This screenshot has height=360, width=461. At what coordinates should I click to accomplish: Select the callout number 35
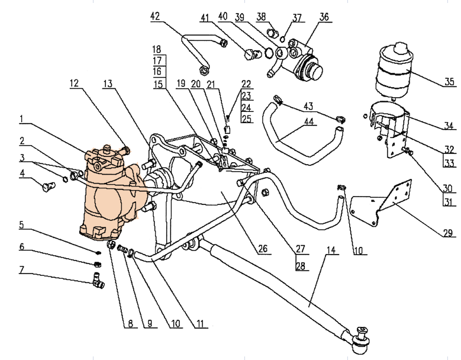tap(450, 83)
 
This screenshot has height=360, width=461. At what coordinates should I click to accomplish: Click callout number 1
tap(21, 118)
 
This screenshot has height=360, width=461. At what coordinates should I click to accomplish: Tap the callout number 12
tap(74, 84)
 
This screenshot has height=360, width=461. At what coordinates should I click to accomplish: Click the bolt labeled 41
tap(250, 56)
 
